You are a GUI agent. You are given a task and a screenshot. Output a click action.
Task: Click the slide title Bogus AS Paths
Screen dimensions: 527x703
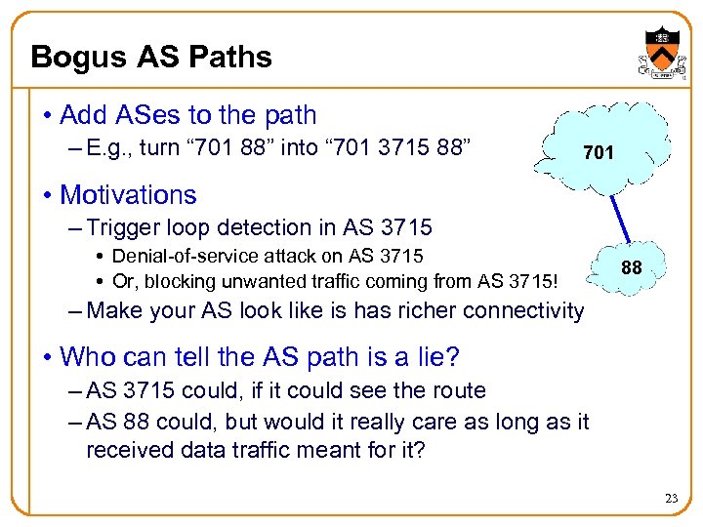(x=151, y=57)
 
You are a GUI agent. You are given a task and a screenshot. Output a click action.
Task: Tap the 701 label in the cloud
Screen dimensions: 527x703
(x=599, y=153)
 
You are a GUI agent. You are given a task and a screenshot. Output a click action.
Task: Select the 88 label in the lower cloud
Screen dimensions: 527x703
(x=632, y=266)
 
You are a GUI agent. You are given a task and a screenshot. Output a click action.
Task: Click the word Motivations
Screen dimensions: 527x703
(x=128, y=194)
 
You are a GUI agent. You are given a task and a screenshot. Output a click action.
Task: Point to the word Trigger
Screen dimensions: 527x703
(x=120, y=227)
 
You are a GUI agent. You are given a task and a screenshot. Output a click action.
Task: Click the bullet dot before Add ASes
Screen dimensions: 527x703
(x=46, y=115)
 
